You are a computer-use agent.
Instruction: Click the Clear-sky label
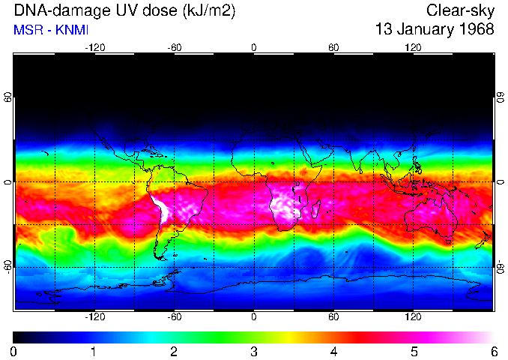(x=460, y=10)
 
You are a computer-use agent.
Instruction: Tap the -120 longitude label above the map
(x=94, y=47)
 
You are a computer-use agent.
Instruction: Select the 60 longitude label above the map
(x=333, y=47)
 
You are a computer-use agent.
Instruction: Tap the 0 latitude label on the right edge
(x=501, y=182)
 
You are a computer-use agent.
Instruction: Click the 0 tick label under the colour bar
(x=13, y=351)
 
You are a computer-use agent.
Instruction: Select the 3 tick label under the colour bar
(x=254, y=351)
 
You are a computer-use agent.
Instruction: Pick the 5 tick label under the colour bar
(x=414, y=351)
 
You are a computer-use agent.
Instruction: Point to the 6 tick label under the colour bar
(x=494, y=351)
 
